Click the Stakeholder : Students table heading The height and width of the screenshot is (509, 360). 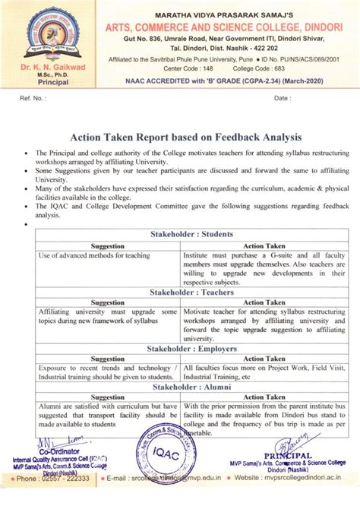(191, 234)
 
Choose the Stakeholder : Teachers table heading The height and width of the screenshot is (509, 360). (191, 292)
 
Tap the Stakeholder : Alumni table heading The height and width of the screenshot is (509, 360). (191, 387)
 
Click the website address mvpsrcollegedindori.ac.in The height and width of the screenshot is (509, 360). (304, 479)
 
